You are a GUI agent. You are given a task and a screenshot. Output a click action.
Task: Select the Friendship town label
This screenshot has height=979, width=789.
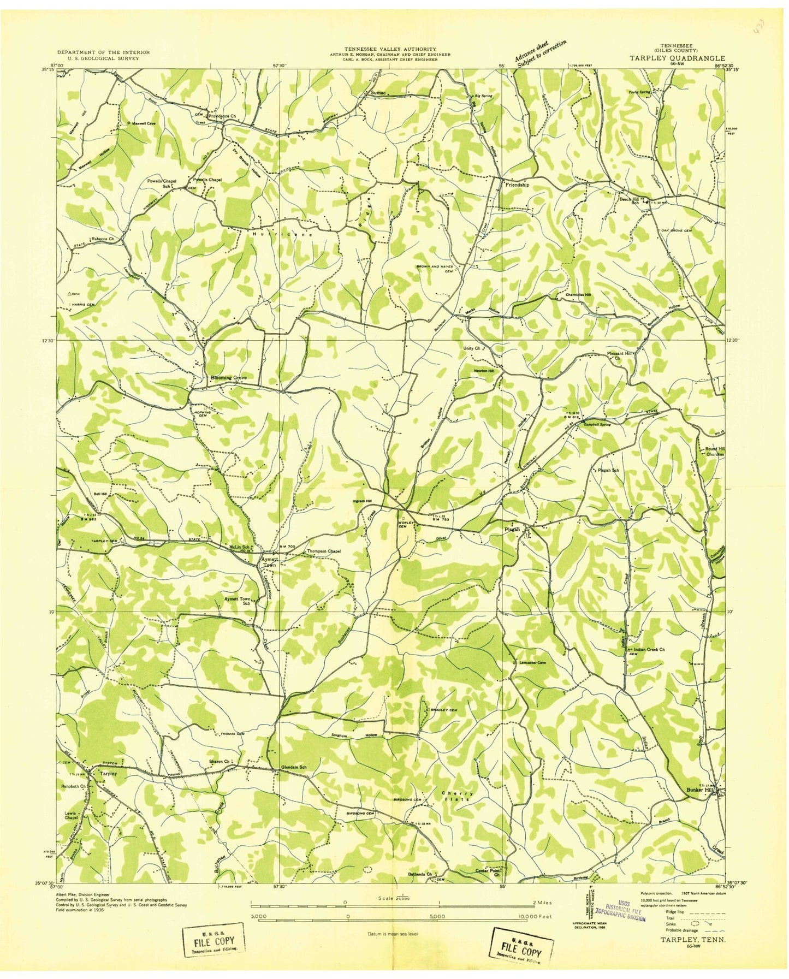point(518,185)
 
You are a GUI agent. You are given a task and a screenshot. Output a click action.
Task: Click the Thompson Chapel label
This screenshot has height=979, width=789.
point(324,551)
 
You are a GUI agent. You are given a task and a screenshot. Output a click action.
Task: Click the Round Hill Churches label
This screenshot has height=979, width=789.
point(711,452)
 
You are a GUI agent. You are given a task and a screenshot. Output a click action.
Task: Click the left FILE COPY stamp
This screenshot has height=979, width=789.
point(213,941)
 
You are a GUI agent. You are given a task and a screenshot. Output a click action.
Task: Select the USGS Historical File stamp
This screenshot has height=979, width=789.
point(621,910)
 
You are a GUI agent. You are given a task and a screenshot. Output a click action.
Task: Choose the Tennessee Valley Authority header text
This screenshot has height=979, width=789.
point(390,49)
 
